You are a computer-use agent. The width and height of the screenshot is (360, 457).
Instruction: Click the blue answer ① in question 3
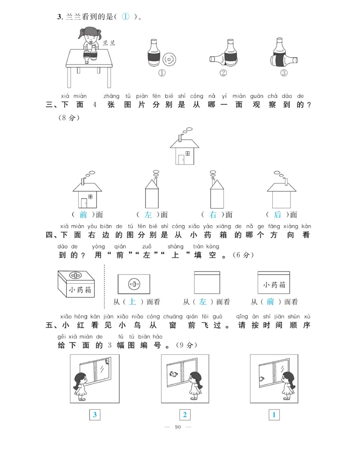coord(126,17)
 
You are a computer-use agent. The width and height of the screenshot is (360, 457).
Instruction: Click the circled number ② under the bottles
coord(223,73)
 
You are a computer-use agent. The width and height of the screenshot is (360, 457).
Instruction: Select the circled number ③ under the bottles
coord(283,73)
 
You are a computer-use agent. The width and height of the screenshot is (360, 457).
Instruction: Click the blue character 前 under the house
coord(83,215)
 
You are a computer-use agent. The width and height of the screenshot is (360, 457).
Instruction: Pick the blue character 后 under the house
coord(278,215)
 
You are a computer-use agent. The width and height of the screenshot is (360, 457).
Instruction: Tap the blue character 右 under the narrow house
coord(213,215)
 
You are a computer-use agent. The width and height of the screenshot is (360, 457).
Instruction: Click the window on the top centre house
coord(187,154)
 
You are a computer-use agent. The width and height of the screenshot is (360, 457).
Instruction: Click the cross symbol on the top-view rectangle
coord(134,284)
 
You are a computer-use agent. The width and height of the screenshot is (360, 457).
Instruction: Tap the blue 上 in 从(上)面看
coord(132,302)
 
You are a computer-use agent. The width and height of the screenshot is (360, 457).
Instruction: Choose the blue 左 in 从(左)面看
coord(203,302)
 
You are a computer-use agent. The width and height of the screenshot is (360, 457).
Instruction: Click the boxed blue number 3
coord(94,415)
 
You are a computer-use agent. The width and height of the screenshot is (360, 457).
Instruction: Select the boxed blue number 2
coord(184,415)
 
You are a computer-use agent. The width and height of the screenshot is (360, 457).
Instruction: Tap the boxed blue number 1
coord(274,415)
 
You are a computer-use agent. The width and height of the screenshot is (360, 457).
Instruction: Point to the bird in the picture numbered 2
coord(172,372)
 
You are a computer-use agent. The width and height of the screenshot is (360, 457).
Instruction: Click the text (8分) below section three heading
coord(68,118)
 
